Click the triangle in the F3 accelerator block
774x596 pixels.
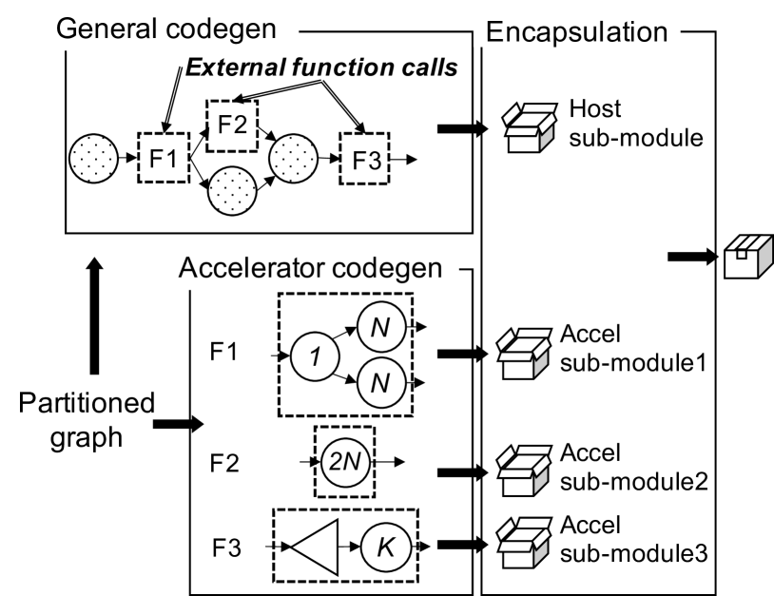pos(315,548)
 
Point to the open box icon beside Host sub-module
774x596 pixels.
pos(529,127)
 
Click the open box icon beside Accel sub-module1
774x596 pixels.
pos(524,354)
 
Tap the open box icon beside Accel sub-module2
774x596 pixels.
pos(524,471)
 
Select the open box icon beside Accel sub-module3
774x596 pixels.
pos(524,542)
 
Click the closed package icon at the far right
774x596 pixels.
pos(748,257)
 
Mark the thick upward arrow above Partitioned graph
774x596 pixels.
pos(94,316)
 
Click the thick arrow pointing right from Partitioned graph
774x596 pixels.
pos(178,424)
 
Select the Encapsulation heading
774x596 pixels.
pos(576,32)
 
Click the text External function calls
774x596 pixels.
pos(321,67)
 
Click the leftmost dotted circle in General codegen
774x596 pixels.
pos(94,159)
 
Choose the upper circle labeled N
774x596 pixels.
pos(381,327)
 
